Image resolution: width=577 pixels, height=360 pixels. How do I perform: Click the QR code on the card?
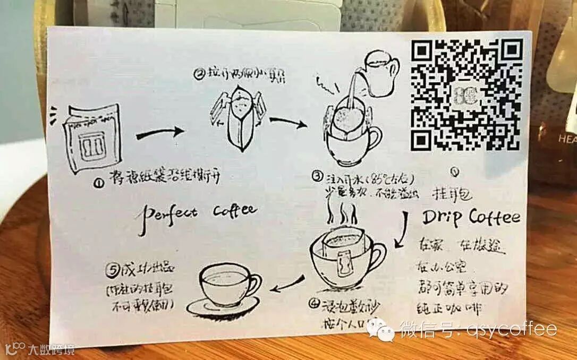coord(466,95)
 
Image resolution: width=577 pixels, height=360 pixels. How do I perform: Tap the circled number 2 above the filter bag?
coord(199,75)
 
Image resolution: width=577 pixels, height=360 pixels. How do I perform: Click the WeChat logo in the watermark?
coord(384,329)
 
